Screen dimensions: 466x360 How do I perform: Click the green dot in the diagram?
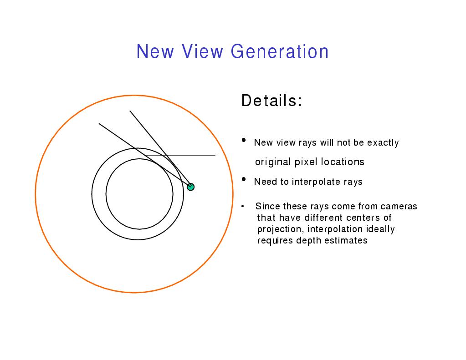click(190, 187)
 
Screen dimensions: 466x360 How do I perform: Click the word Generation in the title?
click(280, 51)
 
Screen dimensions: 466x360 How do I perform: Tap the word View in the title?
click(202, 51)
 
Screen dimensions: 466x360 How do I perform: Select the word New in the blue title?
click(155, 51)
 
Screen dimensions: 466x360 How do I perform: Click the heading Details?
click(271, 101)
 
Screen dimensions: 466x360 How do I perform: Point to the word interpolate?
click(316, 182)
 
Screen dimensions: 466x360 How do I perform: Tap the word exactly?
click(383, 142)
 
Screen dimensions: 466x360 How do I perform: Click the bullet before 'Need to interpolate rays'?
click(244, 179)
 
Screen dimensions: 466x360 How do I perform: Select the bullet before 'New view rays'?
click(244, 140)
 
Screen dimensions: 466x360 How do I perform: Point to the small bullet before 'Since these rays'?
click(243, 206)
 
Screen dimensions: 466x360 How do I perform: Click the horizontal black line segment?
click(180, 155)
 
